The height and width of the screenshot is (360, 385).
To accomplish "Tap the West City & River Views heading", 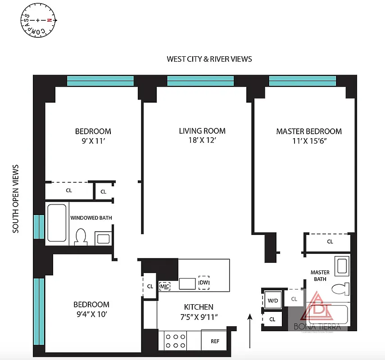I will click(209, 59).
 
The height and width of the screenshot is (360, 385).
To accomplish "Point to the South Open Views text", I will click(16, 198).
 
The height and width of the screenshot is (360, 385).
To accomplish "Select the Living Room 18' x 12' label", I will click(202, 135).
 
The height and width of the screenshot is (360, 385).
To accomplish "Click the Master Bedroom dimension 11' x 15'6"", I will click(309, 140).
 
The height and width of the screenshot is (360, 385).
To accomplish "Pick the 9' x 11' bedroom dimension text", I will click(93, 140).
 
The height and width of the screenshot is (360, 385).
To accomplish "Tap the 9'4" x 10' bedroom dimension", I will click(92, 314).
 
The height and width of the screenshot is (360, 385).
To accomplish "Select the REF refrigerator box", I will click(215, 341).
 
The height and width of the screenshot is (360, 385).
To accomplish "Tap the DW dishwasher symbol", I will click(204, 283).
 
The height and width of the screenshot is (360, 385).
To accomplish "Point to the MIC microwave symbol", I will click(164, 286).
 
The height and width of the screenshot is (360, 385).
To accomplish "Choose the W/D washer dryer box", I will click(272, 300).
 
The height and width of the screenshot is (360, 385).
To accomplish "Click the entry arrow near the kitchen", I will click(250, 331).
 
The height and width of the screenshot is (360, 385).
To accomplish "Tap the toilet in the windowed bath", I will click(81, 237).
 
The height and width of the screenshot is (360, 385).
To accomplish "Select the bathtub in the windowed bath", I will click(57, 223).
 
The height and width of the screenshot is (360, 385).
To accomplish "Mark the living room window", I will click(200, 81).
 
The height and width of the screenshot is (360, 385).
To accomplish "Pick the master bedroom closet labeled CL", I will click(330, 242).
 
